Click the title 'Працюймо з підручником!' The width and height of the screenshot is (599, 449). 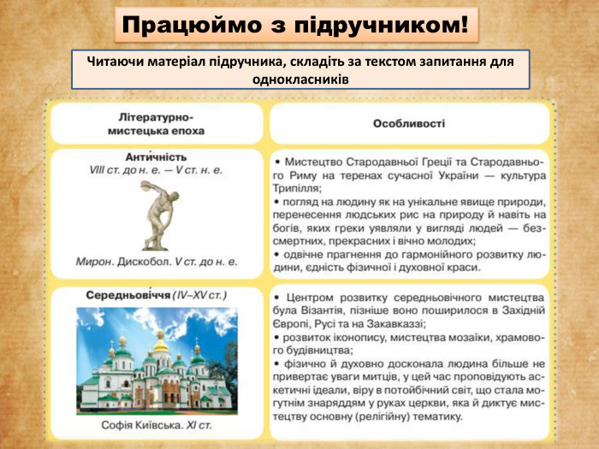pyautogui.click(x=295, y=26)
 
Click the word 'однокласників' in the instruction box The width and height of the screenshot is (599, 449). pyautogui.click(x=299, y=78)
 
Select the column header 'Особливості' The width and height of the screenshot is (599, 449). pyautogui.click(x=409, y=123)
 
